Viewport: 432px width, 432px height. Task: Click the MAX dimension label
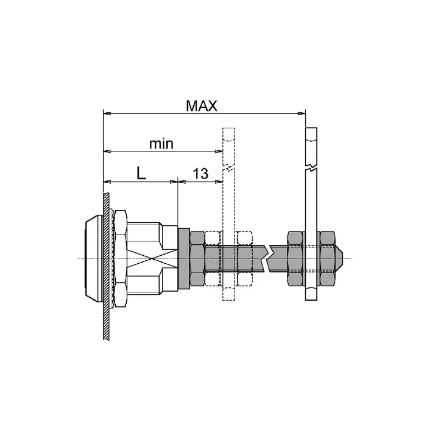pos(202,106)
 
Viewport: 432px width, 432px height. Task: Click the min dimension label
pos(161,144)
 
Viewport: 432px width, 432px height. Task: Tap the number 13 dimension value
pos(200,174)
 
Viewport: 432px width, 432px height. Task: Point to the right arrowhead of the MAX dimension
pos(302,113)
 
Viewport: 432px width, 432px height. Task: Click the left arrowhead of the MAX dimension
pos(107,113)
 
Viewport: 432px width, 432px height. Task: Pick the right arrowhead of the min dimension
pos(219,151)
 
